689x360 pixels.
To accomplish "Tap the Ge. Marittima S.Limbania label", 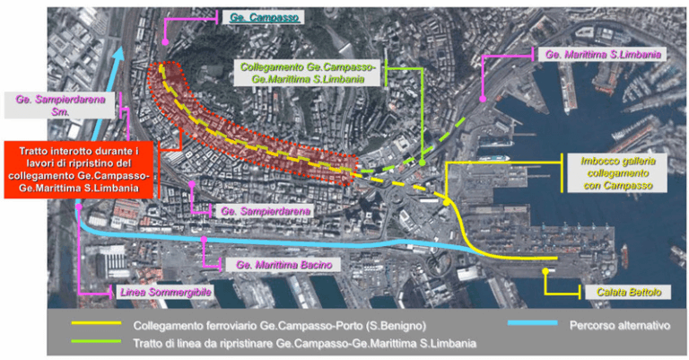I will pyautogui.click(x=604, y=54).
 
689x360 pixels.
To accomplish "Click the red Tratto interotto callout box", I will pyautogui.click(x=81, y=167).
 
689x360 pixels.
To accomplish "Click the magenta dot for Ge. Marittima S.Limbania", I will pyautogui.click(x=483, y=98).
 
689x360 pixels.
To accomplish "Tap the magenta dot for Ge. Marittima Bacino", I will pyautogui.click(x=204, y=241).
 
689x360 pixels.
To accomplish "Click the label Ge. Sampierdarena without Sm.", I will pyautogui.click(x=266, y=212).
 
